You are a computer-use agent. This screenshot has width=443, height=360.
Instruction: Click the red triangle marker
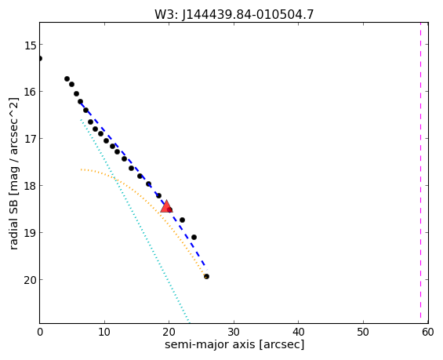pos(166,206)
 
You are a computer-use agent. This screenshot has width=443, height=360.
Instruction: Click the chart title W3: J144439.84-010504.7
pos(234,14)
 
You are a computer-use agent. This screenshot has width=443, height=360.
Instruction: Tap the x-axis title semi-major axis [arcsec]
pos(234,345)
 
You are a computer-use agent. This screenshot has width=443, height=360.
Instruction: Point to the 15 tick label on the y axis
pos(31,45)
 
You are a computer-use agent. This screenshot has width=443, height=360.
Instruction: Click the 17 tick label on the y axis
pos(31,140)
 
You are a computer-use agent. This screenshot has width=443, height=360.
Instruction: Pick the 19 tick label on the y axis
pos(31,234)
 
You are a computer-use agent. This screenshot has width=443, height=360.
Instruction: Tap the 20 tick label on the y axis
pos(31,281)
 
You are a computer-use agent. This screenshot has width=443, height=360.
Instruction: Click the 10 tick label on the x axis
pos(104,333)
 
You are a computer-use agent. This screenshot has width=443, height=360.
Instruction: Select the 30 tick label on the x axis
pos(234,333)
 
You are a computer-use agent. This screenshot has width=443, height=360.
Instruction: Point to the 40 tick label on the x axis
pos(299,333)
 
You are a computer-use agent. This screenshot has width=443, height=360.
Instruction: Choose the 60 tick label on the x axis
pos(428,333)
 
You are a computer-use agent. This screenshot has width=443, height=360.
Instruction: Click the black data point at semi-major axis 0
pos(40,59)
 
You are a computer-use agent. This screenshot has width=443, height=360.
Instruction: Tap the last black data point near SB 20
pos(206,276)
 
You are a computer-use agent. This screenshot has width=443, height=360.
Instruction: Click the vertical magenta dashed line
pos(421,173)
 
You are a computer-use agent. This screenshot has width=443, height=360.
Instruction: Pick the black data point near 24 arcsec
pos(194,237)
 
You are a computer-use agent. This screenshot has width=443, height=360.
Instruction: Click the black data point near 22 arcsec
pos(182,220)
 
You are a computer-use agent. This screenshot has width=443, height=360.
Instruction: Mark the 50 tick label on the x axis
pos(363,333)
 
